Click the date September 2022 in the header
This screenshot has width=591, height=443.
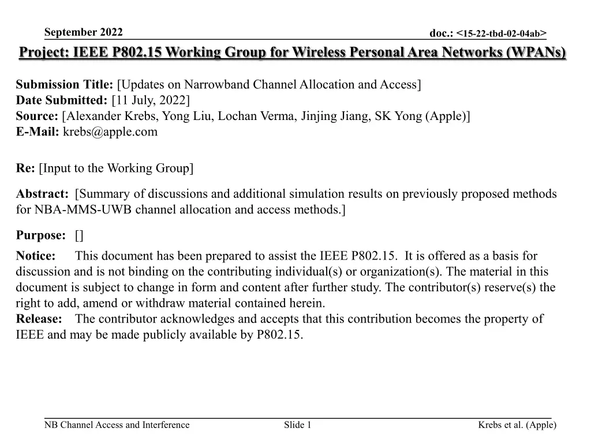coord(83,32)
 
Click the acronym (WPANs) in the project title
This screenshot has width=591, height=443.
coord(536,53)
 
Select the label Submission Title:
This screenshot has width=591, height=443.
coord(65,85)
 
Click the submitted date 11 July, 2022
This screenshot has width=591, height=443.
coord(151,100)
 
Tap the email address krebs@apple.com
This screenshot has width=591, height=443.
coord(110,132)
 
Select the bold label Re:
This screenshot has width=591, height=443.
coord(25,168)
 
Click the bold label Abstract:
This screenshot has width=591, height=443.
coord(42,194)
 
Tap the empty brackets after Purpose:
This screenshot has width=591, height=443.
coord(79,235)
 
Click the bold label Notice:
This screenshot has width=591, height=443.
coord(36,256)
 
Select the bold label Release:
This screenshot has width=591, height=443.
coord(39,319)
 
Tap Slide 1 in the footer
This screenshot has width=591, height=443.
coord(298,425)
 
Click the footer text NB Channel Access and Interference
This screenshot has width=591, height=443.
coord(117,425)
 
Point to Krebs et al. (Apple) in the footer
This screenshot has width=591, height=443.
coord(517,425)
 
